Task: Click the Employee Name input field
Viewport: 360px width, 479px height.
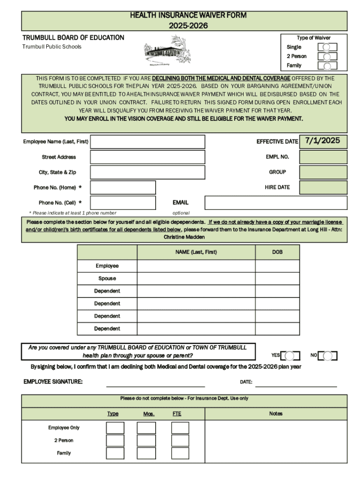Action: pyautogui.click(x=147, y=142)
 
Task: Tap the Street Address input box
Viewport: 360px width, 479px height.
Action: pyautogui.click(x=147, y=157)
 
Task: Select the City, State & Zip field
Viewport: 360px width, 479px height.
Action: pyautogui.click(x=147, y=172)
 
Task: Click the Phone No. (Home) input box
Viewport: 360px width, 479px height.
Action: pyautogui.click(x=122, y=188)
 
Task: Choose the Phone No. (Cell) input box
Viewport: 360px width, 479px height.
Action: pyautogui.click(x=122, y=203)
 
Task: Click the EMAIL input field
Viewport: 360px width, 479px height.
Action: pyautogui.click(x=276, y=203)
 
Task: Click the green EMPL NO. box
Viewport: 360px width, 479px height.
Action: pyautogui.click(x=323, y=157)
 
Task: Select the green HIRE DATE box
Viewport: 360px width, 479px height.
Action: pyautogui.click(x=323, y=188)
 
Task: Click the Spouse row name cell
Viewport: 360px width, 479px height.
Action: pyautogui.click(x=196, y=279)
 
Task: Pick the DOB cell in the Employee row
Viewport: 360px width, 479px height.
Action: pyautogui.click(x=277, y=266)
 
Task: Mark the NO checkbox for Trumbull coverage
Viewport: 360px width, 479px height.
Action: pyautogui.click(x=328, y=356)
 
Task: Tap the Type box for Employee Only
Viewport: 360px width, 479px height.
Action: pyautogui.click(x=115, y=428)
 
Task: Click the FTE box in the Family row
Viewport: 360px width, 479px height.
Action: pyautogui.click(x=180, y=453)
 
